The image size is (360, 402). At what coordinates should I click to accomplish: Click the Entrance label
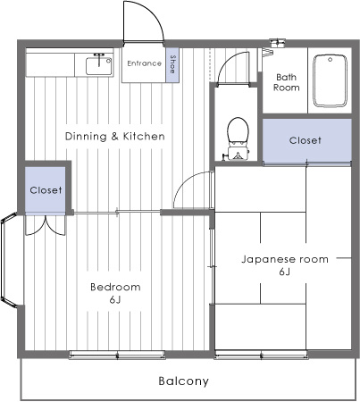[145, 63]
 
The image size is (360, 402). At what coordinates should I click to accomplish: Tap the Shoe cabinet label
[172, 64]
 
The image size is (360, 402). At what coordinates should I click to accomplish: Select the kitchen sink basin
[99, 66]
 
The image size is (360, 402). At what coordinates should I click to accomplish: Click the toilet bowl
[238, 130]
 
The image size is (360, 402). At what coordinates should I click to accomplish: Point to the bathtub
[331, 80]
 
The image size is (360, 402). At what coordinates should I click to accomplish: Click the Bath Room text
[287, 82]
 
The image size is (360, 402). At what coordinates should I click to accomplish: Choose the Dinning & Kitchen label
[115, 137]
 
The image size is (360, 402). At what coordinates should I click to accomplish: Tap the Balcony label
[184, 381]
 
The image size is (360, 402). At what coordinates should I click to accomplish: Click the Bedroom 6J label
[115, 293]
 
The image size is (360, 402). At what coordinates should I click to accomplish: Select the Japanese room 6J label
[285, 265]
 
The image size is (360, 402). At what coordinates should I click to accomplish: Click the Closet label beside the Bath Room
[306, 140]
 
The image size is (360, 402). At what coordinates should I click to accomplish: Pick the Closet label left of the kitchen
[46, 190]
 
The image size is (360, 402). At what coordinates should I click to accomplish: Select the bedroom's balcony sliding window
[117, 355]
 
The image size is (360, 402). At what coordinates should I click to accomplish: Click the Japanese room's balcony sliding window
[261, 355]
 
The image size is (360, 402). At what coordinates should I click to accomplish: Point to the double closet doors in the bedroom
[46, 225]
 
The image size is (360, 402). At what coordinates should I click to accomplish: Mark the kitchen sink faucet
[99, 58]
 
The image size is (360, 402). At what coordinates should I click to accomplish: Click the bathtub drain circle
[331, 60]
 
